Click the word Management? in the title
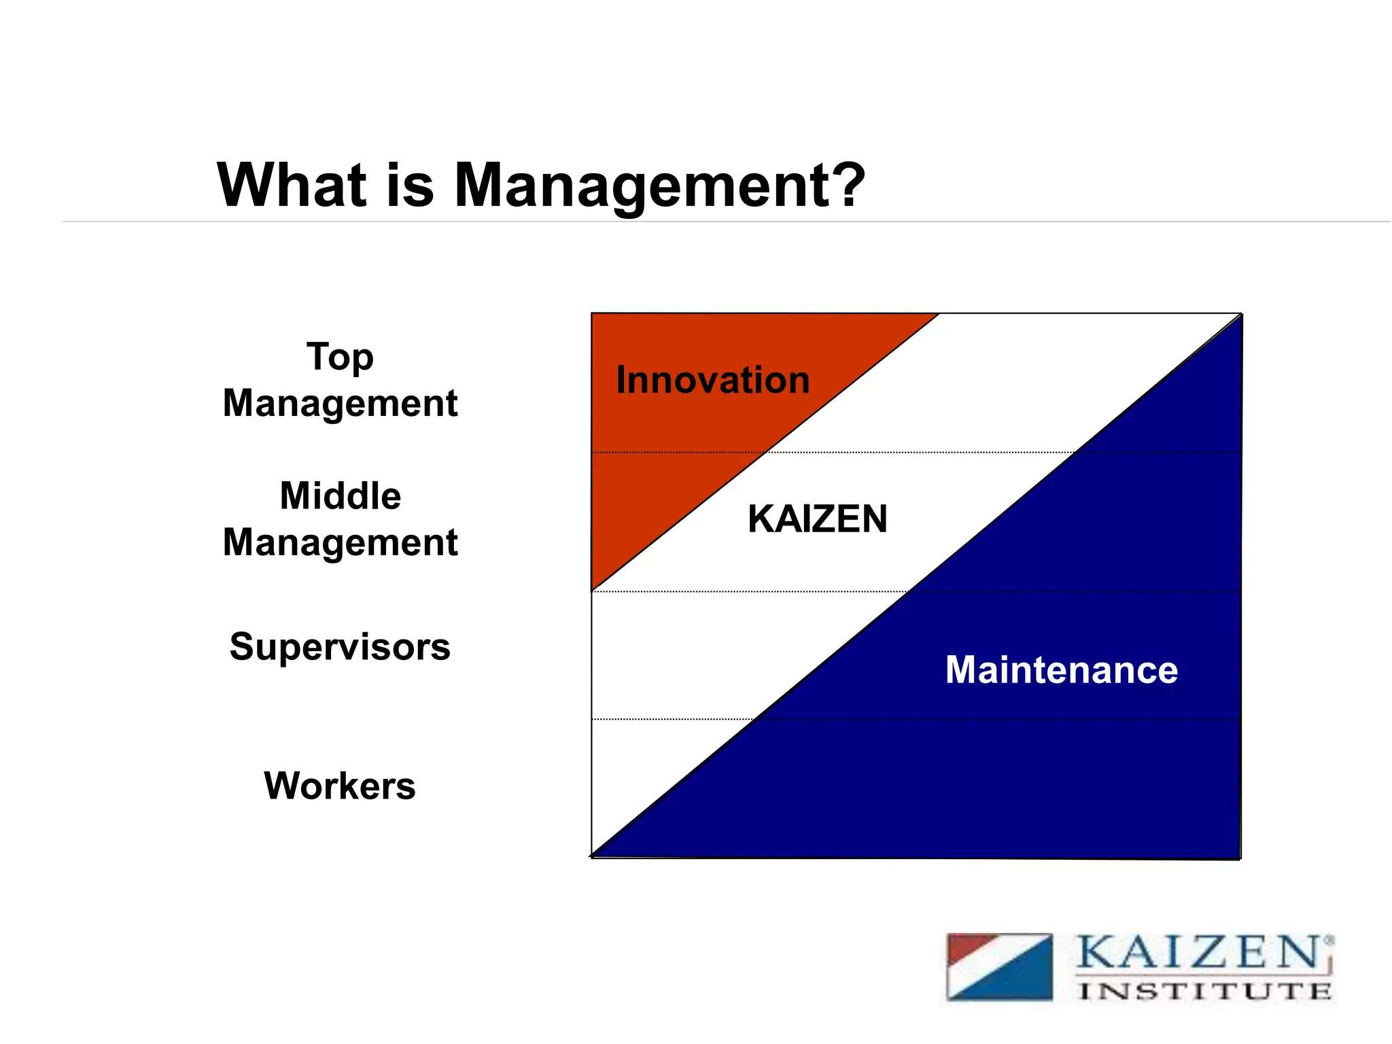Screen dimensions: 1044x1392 click(659, 185)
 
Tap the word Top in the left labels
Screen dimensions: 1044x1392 click(340, 357)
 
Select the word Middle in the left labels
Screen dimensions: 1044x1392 click(340, 495)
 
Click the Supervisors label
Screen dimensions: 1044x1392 click(340, 646)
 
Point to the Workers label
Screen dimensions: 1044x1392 click(340, 786)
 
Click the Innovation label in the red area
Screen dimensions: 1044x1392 click(712, 380)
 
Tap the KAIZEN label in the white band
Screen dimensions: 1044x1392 click(817, 519)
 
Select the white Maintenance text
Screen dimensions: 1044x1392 click(1061, 670)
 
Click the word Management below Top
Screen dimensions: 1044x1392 click(340, 404)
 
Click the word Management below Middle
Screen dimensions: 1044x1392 click(340, 542)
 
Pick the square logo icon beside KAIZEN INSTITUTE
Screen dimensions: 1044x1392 click(999, 967)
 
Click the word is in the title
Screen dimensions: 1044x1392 click(409, 185)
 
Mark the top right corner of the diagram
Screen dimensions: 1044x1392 click(1241, 314)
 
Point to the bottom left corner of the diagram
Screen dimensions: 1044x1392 click(592, 857)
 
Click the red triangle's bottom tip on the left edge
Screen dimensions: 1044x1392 click(593, 590)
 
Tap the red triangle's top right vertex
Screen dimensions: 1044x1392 click(938, 315)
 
